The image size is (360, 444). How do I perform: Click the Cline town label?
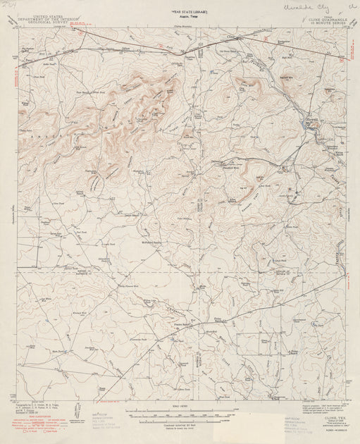point(229,34)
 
